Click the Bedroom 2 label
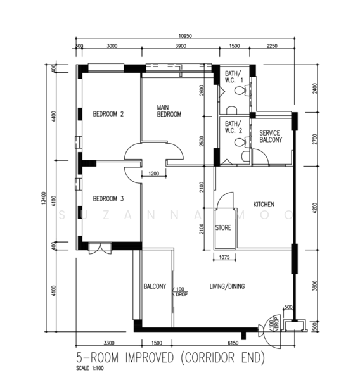tap(108, 114)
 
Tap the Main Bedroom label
tap(169, 111)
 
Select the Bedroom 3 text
tap(108, 199)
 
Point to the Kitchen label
tap(264, 205)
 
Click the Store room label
tap(223, 227)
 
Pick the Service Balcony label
tap(271, 136)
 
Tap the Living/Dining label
tap(227, 286)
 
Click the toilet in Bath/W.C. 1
tap(241, 91)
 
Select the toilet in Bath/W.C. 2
tap(242, 142)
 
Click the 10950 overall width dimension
tap(185, 36)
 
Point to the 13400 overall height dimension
tap(44, 198)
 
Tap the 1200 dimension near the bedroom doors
tap(154, 174)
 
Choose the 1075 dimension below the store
tap(224, 257)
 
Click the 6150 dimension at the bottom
tap(233, 343)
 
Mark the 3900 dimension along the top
tap(181, 46)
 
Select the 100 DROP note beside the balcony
tap(180, 292)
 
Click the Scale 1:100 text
tap(90, 368)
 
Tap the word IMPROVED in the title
tap(150, 357)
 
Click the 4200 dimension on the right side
tap(314, 208)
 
